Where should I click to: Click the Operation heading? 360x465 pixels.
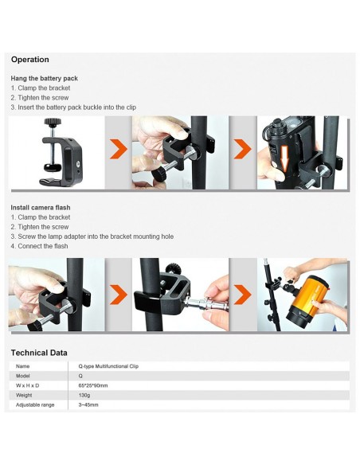(x=29, y=60)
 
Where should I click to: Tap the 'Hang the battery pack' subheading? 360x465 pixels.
(x=44, y=78)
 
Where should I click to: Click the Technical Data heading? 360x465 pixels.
(x=39, y=353)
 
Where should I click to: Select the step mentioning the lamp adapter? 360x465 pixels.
(x=92, y=236)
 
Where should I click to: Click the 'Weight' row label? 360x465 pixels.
(x=25, y=395)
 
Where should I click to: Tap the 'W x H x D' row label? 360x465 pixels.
(x=28, y=385)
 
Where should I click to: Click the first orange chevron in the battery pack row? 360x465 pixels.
(x=118, y=149)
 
